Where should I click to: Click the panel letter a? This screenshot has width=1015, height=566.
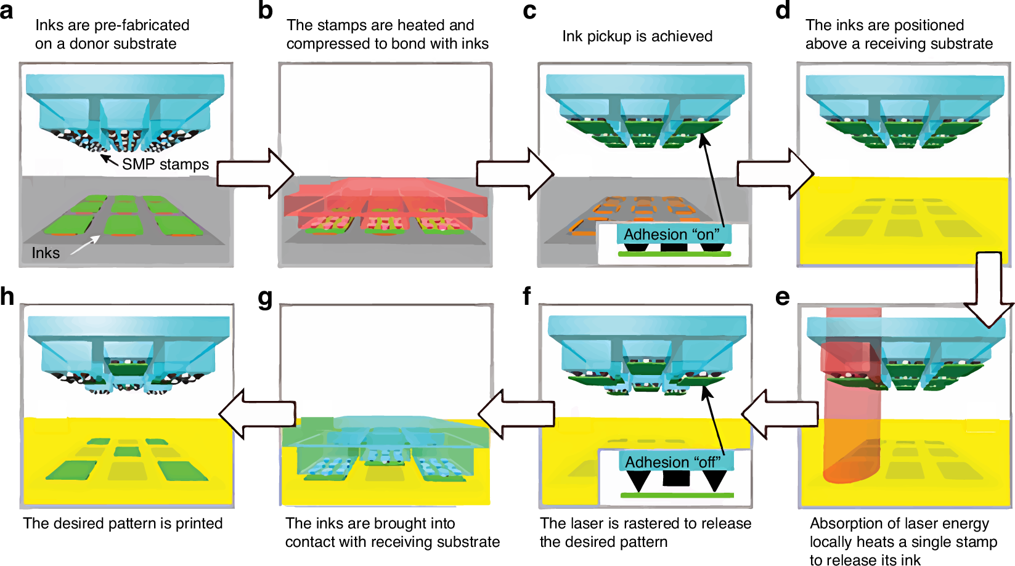point(7,11)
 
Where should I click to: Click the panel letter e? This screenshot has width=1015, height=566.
point(783,297)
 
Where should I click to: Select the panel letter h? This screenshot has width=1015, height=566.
point(7,297)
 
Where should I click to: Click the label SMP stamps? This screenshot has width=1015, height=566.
point(165,164)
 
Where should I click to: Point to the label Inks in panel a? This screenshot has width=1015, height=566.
point(46,253)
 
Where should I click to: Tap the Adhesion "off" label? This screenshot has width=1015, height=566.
point(673,462)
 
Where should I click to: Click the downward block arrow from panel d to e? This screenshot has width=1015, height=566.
point(989,289)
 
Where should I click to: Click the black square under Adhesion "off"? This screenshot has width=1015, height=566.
point(676,478)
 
